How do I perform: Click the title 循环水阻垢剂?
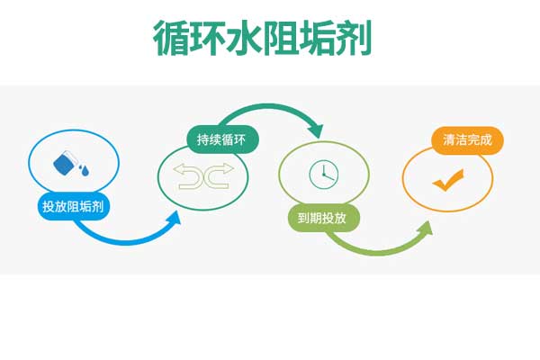(x=263, y=38)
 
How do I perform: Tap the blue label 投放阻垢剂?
(x=73, y=206)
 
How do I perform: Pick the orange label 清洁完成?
(x=467, y=140)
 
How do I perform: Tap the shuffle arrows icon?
(x=204, y=175)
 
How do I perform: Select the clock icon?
(x=323, y=174)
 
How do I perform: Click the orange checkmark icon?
(x=446, y=180)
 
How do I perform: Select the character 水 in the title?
(x=245, y=38)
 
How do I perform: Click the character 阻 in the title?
(x=281, y=38)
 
